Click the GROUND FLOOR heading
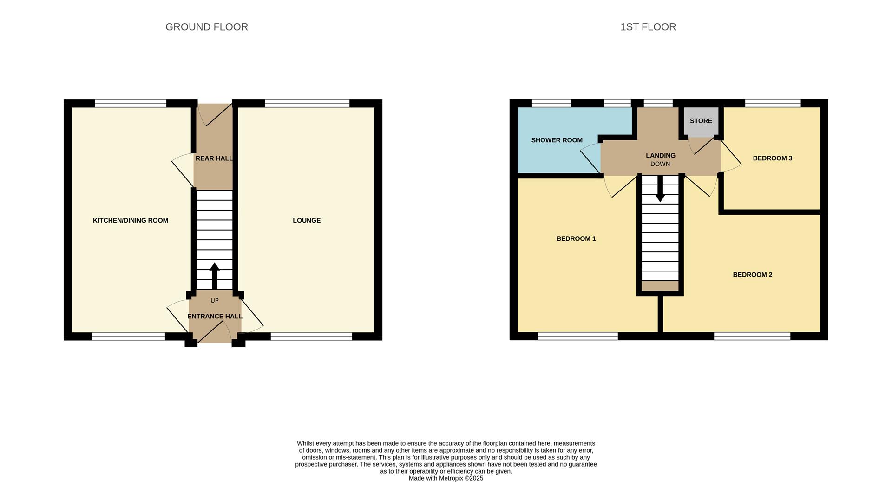[207, 27]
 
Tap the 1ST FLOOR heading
[648, 27]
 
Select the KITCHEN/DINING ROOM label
[131, 220]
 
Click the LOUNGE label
[307, 220]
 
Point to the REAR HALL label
[214, 158]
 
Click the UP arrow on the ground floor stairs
[215, 276]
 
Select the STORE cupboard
[701, 121]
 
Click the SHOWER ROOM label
[557, 140]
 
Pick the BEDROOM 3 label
[772, 158]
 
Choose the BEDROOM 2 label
[752, 275]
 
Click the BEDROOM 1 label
[576, 238]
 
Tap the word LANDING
[660, 155]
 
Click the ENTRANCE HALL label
[215, 317]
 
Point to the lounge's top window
[307, 104]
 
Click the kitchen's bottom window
[128, 337]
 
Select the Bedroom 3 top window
[773, 104]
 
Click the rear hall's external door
[215, 114]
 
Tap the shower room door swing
[590, 156]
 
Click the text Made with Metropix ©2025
[446, 478]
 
